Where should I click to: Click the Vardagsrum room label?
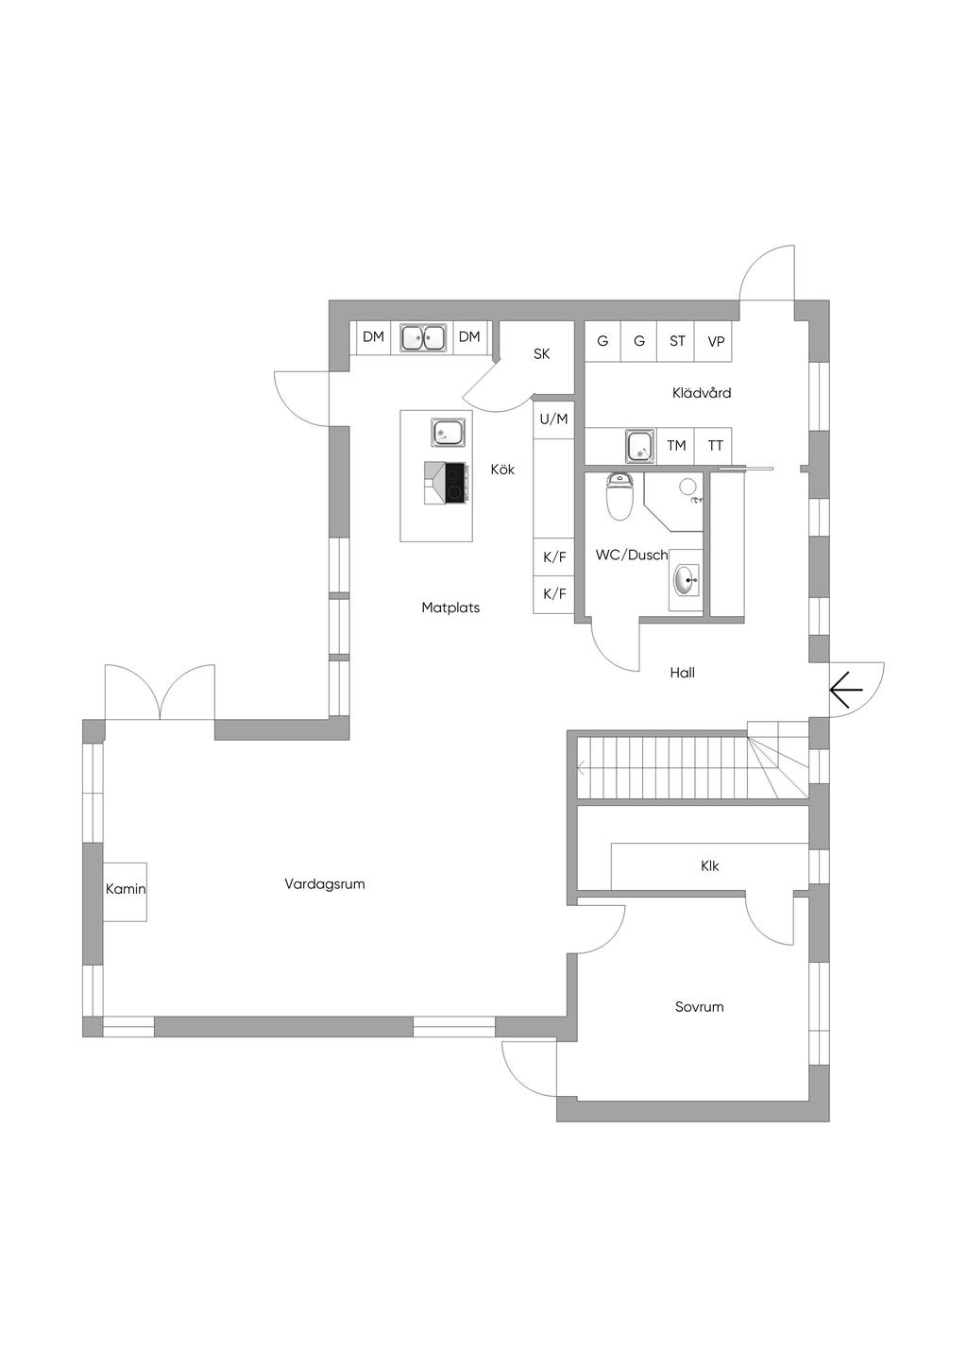click(x=324, y=883)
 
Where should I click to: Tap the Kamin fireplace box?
click(x=126, y=891)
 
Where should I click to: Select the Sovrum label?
click(x=700, y=1006)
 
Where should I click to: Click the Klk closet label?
click(x=710, y=865)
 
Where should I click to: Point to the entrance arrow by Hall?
click(x=846, y=690)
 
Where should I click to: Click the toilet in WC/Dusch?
click(x=619, y=496)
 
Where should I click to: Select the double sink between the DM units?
click(x=422, y=336)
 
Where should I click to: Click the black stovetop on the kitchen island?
click(x=456, y=483)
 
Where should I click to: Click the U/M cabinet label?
click(x=554, y=419)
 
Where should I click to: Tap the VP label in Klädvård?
click(x=716, y=340)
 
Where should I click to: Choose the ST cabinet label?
click(x=677, y=340)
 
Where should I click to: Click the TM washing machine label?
click(x=676, y=446)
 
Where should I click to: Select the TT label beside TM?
click(x=715, y=446)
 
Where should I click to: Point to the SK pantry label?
click(x=542, y=353)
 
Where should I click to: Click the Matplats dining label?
click(x=450, y=607)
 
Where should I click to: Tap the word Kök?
click(x=502, y=470)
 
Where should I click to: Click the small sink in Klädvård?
click(x=640, y=445)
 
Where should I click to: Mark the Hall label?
click(x=683, y=673)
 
